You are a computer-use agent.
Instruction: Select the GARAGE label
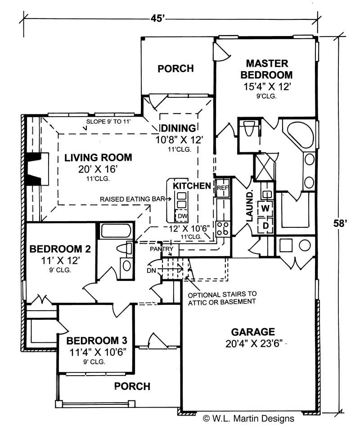click(252, 332)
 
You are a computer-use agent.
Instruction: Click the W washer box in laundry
click(265, 208)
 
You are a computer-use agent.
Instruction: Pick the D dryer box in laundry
click(265, 225)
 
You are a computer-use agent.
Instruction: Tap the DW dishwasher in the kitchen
click(181, 217)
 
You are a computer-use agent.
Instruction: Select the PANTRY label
click(162, 248)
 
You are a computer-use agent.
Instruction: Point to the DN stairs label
click(152, 271)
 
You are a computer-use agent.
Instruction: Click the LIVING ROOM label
click(98, 158)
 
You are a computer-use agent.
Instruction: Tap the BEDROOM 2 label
click(60, 249)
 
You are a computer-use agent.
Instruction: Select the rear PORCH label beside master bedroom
click(175, 68)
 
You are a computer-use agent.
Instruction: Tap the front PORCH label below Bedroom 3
click(132, 386)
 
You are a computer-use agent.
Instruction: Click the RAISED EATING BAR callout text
click(132, 199)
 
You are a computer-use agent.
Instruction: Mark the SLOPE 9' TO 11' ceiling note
click(111, 122)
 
